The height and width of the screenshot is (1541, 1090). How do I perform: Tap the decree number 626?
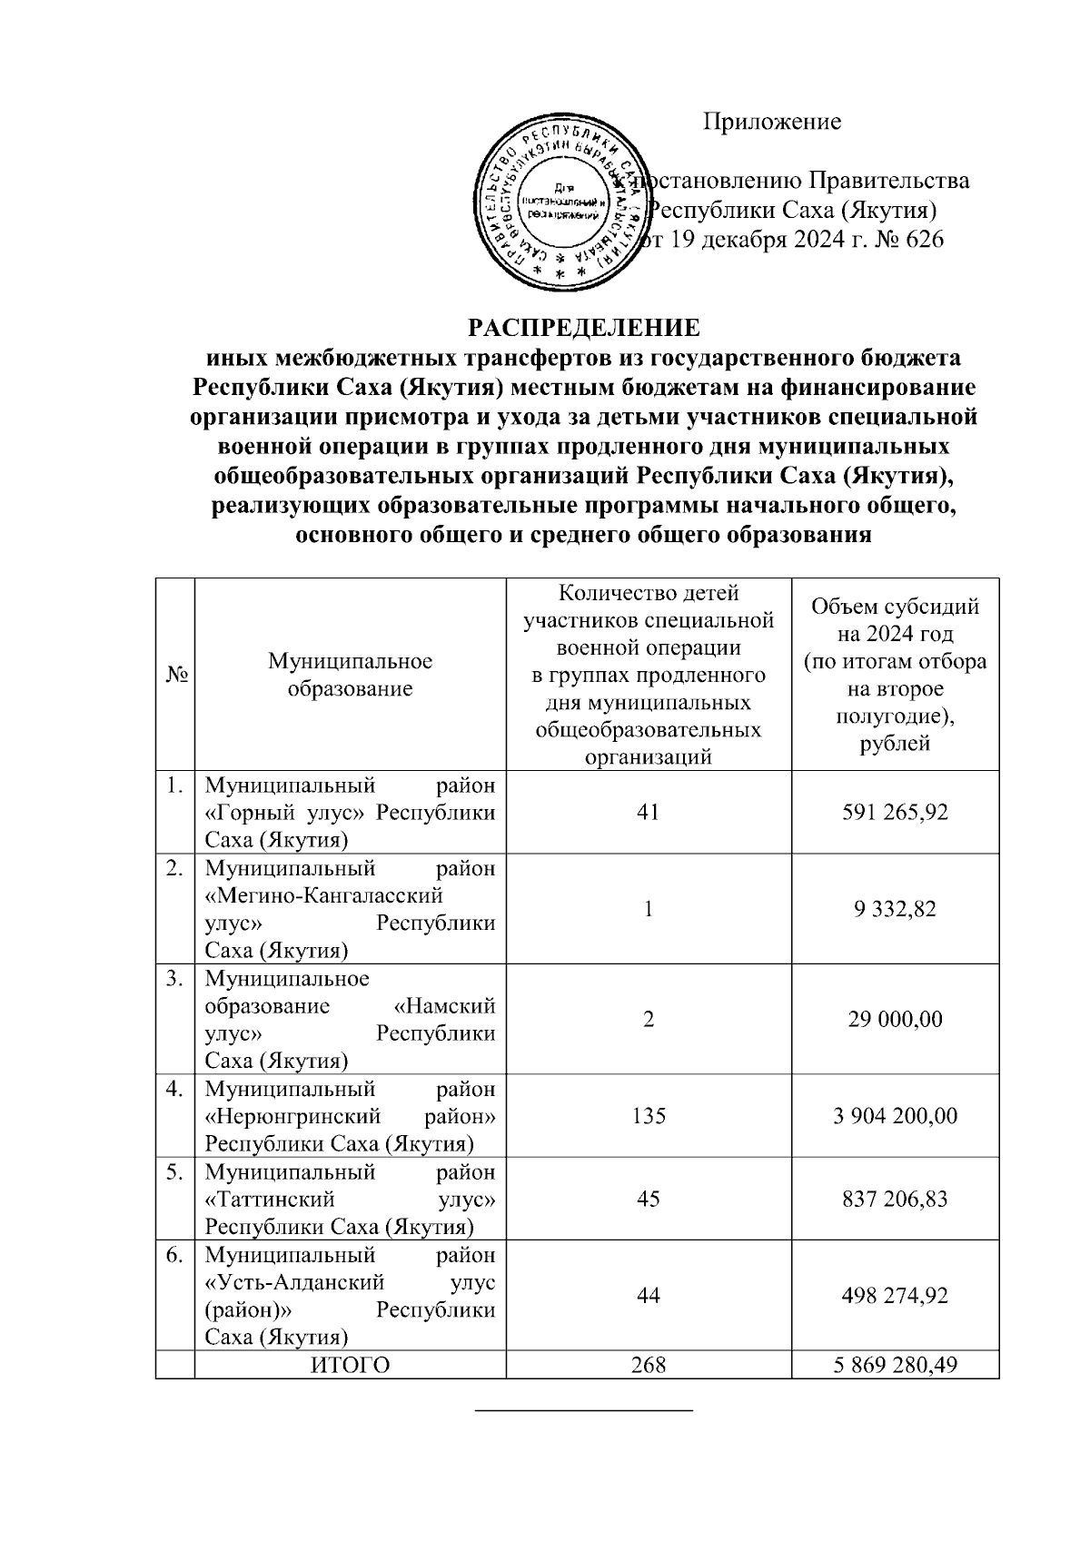tap(924, 240)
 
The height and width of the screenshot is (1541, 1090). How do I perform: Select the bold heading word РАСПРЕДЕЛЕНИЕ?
tap(584, 327)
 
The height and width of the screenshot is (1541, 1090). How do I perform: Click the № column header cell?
tap(175, 675)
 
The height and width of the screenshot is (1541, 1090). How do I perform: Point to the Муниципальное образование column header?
tap(350, 675)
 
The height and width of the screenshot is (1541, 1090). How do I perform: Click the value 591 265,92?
tap(895, 812)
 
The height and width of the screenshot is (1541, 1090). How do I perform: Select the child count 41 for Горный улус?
tap(648, 812)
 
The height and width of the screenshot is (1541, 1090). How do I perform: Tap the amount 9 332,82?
tap(895, 909)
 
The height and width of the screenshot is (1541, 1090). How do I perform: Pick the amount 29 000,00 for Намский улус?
tap(895, 1019)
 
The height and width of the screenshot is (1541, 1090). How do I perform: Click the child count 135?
tap(648, 1115)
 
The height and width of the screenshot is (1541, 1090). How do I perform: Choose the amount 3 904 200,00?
tap(895, 1115)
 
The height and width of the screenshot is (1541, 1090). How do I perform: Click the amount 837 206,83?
tap(895, 1199)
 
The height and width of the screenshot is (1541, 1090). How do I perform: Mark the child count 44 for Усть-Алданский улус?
tap(648, 1295)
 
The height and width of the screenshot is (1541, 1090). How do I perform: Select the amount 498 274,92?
tap(895, 1295)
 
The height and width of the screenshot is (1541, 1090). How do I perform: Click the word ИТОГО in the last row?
tap(350, 1366)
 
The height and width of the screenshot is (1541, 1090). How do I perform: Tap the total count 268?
tap(648, 1366)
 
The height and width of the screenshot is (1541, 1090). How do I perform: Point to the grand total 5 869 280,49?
tap(895, 1366)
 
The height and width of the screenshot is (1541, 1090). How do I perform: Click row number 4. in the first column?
tap(175, 1088)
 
